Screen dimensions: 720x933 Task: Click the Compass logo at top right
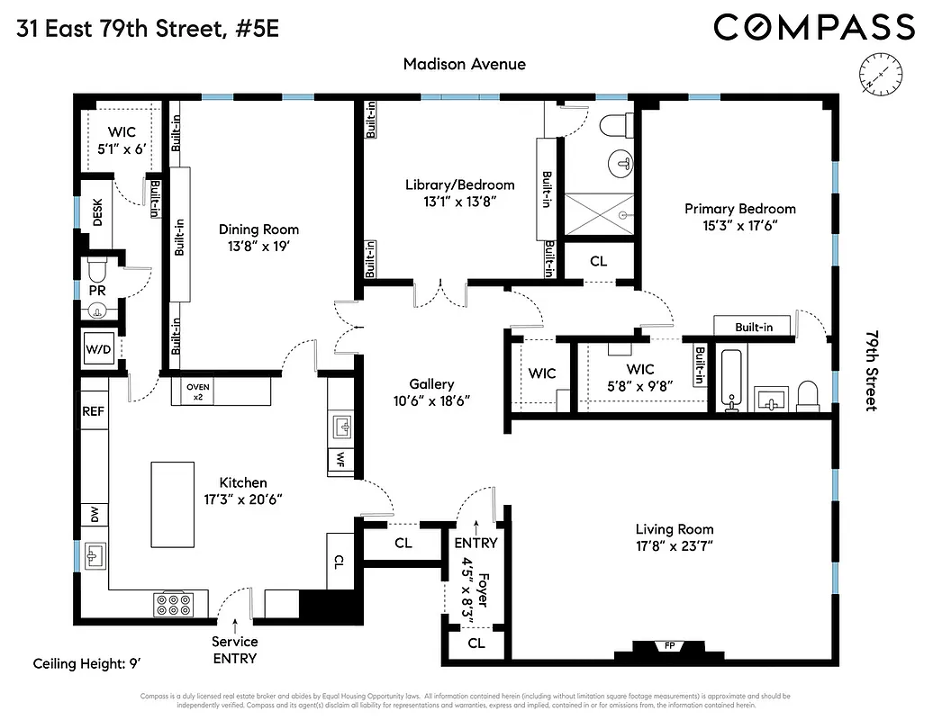[814, 27]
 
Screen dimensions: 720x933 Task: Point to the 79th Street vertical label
[870, 370]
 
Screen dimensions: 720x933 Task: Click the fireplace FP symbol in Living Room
[667, 646]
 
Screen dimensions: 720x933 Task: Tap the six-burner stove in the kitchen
[173, 603]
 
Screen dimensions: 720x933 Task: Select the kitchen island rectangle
[172, 503]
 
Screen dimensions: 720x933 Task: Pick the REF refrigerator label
[94, 410]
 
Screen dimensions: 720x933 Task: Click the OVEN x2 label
[197, 391]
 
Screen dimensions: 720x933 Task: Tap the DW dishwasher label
[94, 515]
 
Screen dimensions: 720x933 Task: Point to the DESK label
[97, 212]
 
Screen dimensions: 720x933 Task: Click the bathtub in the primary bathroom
[729, 379]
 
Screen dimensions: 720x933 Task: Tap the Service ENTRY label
[234, 650]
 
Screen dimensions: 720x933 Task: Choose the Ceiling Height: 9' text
[87, 664]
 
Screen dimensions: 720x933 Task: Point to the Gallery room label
[431, 384]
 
